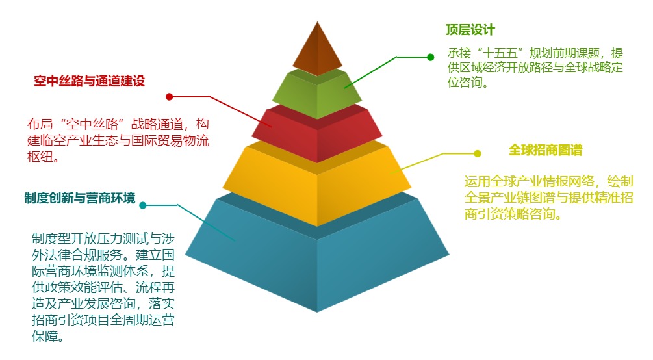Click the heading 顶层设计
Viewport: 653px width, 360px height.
pos(470,30)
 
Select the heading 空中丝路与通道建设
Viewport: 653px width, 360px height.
pos(89,81)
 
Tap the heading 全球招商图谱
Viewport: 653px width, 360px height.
pos(546,150)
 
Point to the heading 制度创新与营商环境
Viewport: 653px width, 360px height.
pos(80,198)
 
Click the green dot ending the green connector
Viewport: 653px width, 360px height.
pos(431,57)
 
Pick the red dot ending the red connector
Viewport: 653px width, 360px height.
pos(169,97)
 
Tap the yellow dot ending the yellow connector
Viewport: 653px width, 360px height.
pos(478,154)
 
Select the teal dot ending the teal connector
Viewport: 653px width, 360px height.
pos(143,205)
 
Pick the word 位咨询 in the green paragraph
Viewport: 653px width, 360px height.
pos(467,82)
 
